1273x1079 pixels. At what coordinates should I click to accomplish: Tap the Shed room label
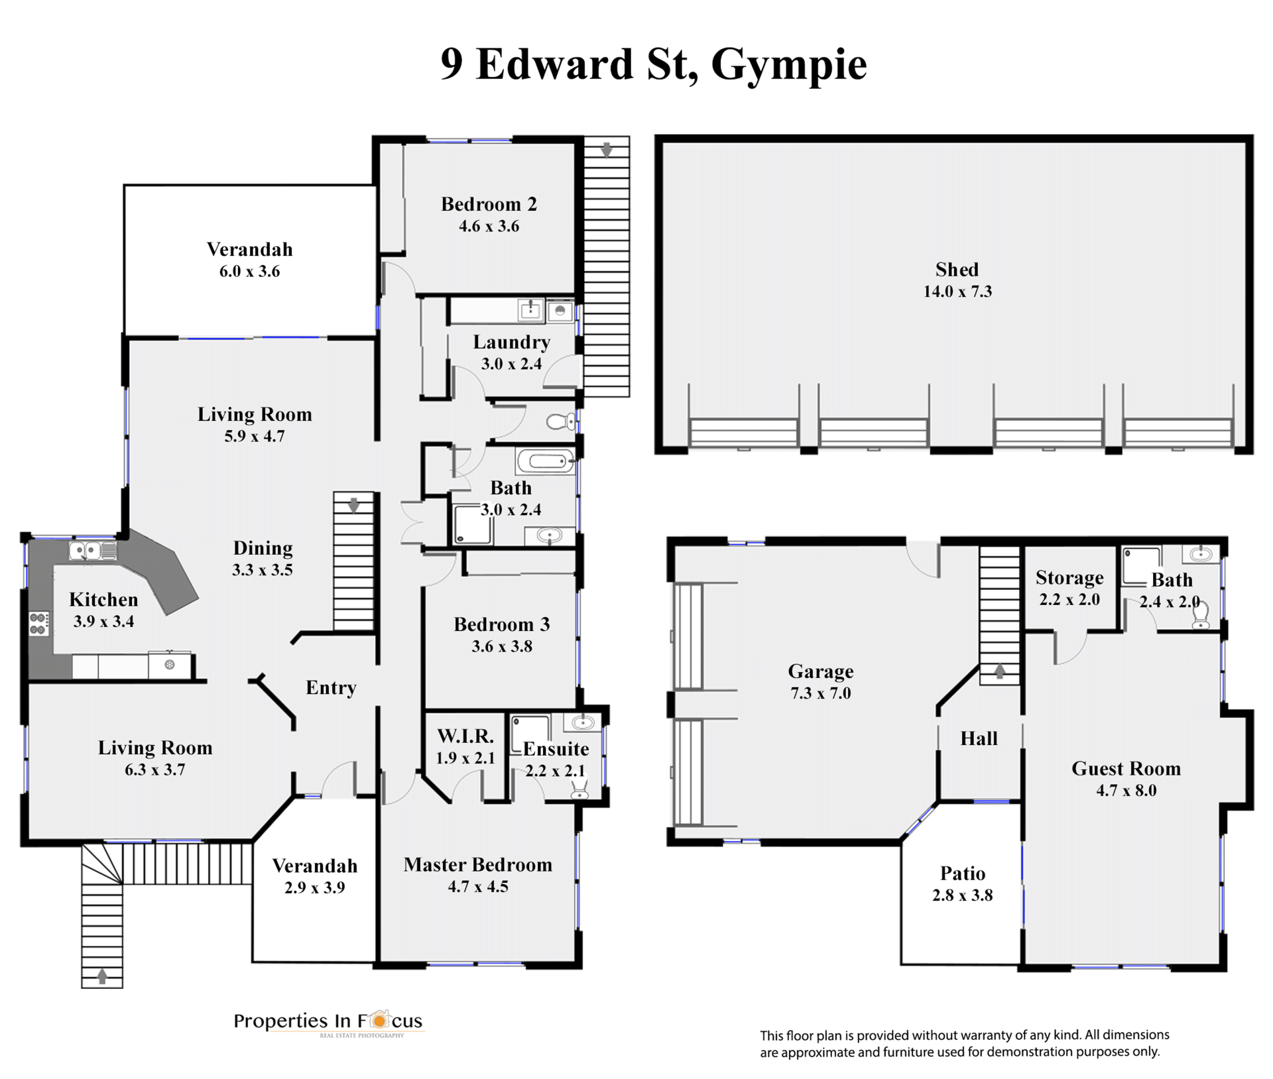[x=957, y=269]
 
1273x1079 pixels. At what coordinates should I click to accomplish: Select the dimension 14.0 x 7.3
[x=957, y=291]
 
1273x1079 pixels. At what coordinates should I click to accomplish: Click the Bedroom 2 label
[x=489, y=204]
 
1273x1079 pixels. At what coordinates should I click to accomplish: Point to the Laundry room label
[x=511, y=343]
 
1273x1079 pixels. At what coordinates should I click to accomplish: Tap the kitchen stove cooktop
[x=38, y=624]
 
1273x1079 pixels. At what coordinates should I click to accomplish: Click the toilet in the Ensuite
[x=580, y=789]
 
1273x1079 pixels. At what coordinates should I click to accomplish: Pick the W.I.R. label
[x=465, y=736]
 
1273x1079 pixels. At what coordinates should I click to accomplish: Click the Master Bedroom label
[x=477, y=864]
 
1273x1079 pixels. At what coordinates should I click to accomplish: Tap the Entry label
[x=331, y=688]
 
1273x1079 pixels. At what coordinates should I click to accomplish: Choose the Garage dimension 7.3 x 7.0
[x=821, y=693]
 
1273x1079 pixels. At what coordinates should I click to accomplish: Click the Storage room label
[x=1069, y=578]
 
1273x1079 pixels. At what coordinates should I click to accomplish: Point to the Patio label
[x=962, y=873]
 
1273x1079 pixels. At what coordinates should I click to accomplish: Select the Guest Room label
[x=1126, y=768]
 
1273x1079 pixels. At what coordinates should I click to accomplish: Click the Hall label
[x=979, y=738]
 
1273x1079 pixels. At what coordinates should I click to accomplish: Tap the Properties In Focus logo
[x=328, y=1022]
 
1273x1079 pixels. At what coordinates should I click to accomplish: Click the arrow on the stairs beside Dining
[x=354, y=505]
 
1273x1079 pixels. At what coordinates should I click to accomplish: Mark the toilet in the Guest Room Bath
[x=1201, y=615]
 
